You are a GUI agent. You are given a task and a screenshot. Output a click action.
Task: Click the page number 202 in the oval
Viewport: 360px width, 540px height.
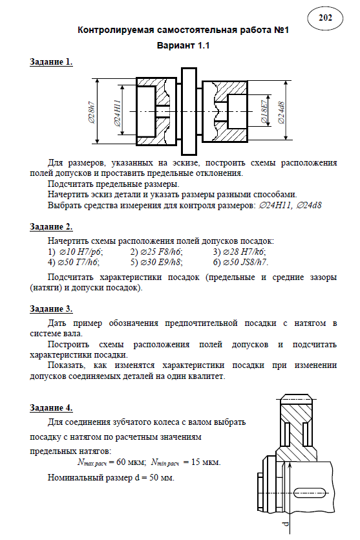tap(325, 17)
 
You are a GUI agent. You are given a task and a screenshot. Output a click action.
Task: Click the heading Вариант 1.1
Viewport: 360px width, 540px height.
tap(183, 45)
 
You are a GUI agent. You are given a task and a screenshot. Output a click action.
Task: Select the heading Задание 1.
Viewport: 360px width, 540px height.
tap(51, 62)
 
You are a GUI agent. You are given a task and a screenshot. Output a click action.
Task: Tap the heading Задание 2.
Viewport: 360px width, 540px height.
tap(51, 227)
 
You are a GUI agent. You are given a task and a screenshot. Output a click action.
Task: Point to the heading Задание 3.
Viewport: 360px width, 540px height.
tap(51, 309)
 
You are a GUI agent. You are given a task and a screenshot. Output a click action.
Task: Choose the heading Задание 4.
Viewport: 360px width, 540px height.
tap(51, 408)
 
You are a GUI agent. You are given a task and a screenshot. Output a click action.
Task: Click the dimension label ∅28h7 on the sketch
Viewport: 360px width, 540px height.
tap(92, 113)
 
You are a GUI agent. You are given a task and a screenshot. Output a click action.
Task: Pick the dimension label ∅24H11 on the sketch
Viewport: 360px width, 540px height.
tap(117, 113)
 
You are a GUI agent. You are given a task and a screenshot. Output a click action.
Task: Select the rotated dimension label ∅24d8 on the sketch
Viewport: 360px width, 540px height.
tap(281, 113)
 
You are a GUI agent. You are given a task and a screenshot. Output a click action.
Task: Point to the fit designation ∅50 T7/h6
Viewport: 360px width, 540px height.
tap(78, 263)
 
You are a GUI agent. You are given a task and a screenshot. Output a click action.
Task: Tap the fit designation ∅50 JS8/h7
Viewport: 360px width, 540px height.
tap(246, 263)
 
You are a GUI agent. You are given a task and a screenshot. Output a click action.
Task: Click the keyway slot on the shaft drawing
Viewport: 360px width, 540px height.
tap(310, 493)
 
